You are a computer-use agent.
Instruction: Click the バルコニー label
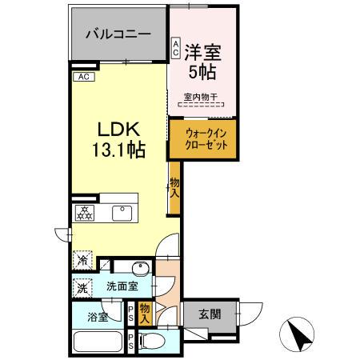[x=119, y=36]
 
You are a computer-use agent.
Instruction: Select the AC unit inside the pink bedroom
[x=175, y=48]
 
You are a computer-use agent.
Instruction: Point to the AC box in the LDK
[x=85, y=77]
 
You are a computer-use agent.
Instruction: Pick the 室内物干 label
[x=202, y=98]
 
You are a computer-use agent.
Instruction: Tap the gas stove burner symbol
[x=84, y=212]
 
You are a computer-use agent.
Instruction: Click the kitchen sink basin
[x=122, y=212]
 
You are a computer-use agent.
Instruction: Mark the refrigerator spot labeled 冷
[x=83, y=259]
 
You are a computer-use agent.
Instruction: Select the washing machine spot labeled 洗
[x=83, y=287]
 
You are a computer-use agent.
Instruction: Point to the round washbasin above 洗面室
[x=137, y=268]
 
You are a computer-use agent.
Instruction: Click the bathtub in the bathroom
[x=97, y=343]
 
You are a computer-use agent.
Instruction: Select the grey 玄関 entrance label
[x=210, y=313]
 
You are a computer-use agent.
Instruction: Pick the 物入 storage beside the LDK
[x=174, y=189]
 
